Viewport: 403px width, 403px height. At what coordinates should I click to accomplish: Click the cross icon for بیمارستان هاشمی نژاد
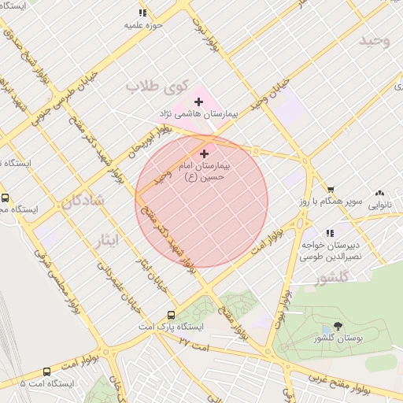point(198,102)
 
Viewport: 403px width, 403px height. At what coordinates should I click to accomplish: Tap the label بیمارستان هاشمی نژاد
point(198,115)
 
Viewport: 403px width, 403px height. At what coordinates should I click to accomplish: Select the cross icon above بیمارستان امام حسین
point(205,153)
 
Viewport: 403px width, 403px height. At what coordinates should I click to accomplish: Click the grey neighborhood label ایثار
point(109,238)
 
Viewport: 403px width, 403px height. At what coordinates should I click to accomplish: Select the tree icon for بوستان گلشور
point(338,325)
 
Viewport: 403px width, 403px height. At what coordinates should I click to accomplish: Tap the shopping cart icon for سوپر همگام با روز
point(331,190)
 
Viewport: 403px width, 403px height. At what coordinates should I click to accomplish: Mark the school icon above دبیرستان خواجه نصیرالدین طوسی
point(330,233)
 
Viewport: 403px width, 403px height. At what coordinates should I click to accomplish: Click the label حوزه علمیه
point(142,25)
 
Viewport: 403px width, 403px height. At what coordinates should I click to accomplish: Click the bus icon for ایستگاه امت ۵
point(47,372)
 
